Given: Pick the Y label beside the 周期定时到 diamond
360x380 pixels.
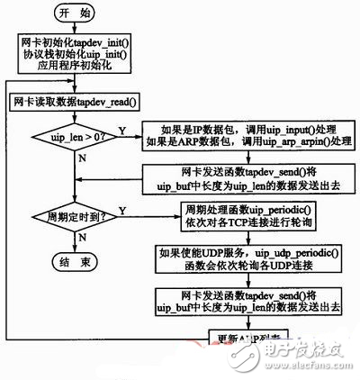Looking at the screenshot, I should click(x=121, y=208).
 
